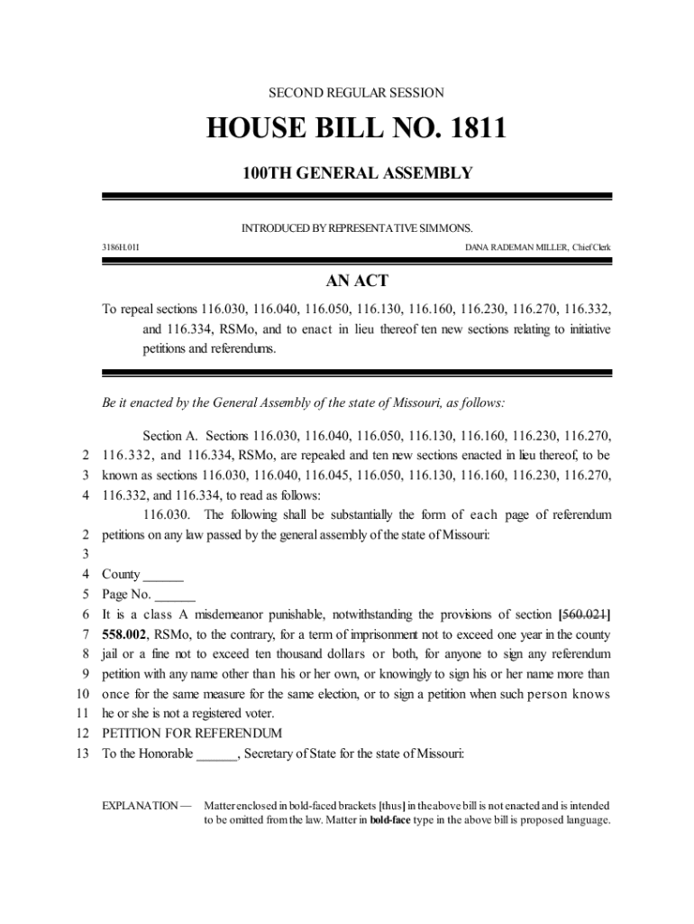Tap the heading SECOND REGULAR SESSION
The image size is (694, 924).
[357, 93]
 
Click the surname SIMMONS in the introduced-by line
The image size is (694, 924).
[447, 228]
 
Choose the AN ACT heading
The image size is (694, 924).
[357, 282]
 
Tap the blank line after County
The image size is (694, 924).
[163, 575]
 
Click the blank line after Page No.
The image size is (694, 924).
[175, 595]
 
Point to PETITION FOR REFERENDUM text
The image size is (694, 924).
[191, 733]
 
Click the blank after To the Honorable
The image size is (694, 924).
[216, 753]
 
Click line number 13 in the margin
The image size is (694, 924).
[82, 753]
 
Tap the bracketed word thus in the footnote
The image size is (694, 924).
[391, 805]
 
